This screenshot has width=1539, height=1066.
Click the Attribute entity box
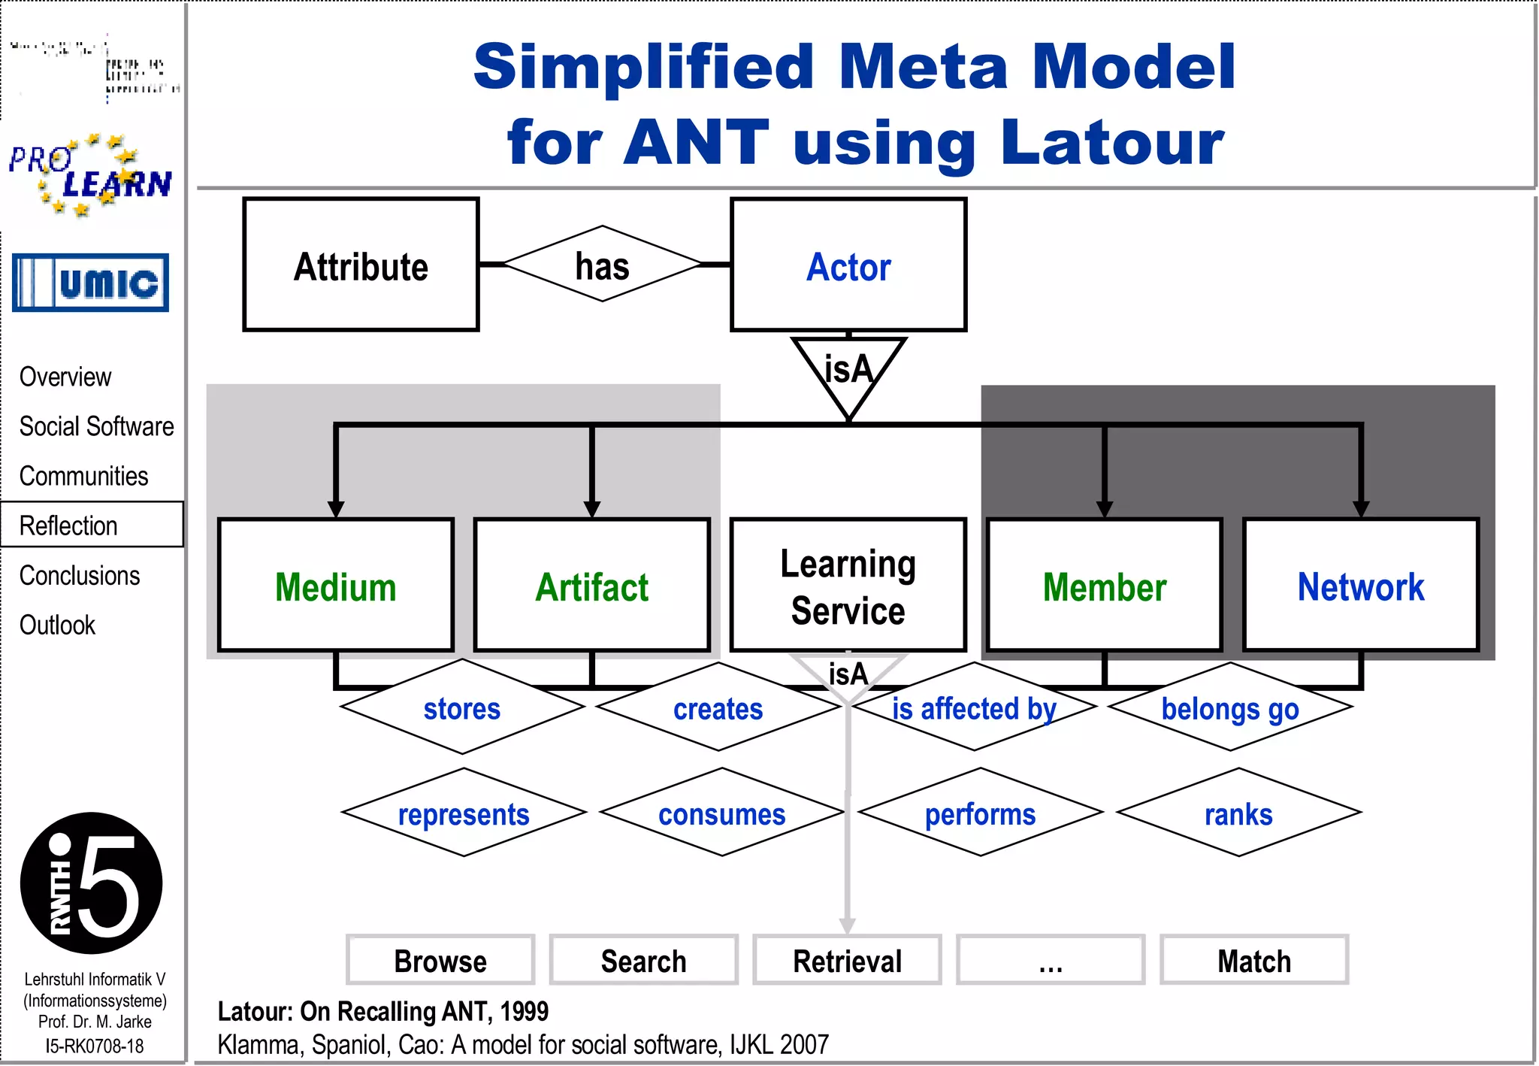pyautogui.click(x=361, y=265)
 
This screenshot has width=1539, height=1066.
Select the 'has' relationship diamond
pyautogui.click(x=602, y=265)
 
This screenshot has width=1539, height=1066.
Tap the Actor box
pyautogui.click(x=848, y=265)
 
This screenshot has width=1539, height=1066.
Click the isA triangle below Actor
pyautogui.click(x=848, y=372)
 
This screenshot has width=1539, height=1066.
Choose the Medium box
pyautogui.click(x=336, y=585)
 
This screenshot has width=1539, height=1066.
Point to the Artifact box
pyautogui.click(x=592, y=585)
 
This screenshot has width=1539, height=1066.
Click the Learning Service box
pyautogui.click(x=848, y=585)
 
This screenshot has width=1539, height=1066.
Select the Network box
pyautogui.click(x=1361, y=585)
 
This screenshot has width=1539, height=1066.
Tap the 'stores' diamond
pyautogui.click(x=462, y=707)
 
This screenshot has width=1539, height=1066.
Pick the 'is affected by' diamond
pyautogui.click(x=974, y=707)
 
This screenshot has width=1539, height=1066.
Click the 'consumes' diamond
pyautogui.click(x=721, y=813)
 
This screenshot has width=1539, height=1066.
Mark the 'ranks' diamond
pyautogui.click(x=1238, y=813)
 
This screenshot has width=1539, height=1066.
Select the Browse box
pyautogui.click(x=440, y=960)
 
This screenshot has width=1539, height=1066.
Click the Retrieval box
pyautogui.click(x=848, y=960)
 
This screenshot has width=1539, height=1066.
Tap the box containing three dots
pyautogui.click(x=1051, y=960)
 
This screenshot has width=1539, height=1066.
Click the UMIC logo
pyautogui.click(x=90, y=283)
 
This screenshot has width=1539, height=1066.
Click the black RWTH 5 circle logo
pyautogui.click(x=91, y=883)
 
